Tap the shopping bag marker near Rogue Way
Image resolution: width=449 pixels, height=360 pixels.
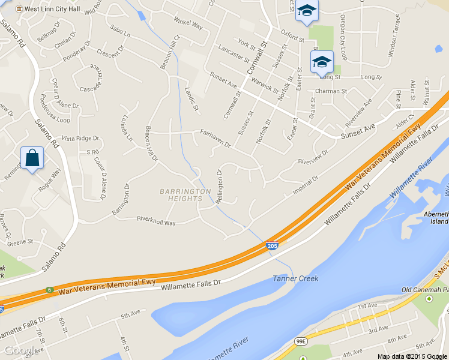click(31, 159)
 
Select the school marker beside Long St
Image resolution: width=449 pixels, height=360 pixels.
click(321, 62)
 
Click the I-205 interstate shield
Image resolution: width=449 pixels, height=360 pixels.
click(272, 246)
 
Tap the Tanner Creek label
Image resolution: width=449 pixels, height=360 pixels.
click(295, 278)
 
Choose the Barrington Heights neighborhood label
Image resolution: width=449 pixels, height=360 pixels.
click(185, 195)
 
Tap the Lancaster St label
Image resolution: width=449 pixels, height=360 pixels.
click(234, 52)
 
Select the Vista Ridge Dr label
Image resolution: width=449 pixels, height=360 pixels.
click(80, 138)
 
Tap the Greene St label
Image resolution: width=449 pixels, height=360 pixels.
click(20, 242)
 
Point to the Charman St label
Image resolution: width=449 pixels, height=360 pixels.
click(331, 92)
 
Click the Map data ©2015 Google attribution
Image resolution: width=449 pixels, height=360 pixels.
click(412, 356)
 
